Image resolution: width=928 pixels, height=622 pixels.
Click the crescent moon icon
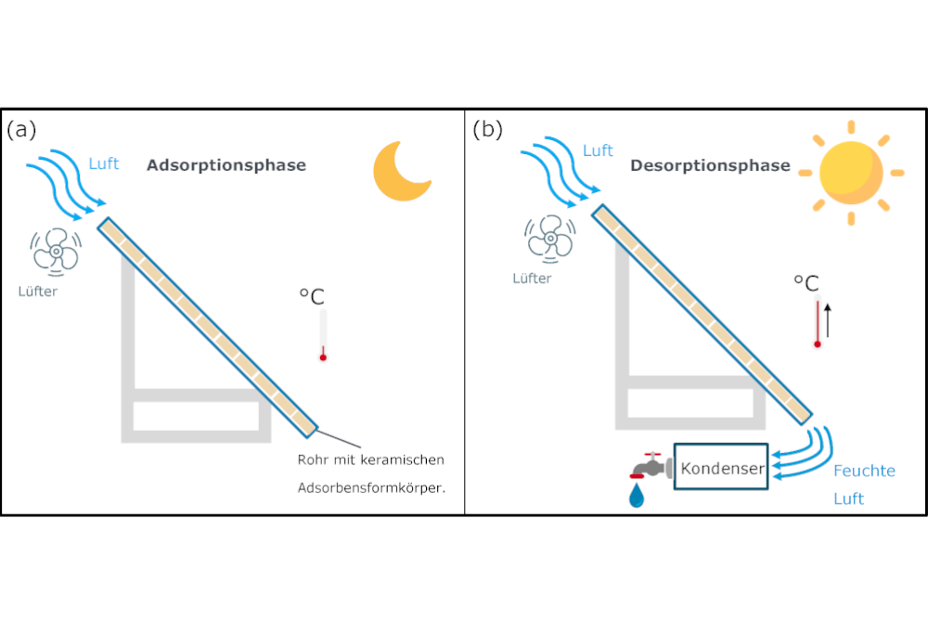tap(400, 174)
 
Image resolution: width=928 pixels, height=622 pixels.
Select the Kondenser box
tap(722, 468)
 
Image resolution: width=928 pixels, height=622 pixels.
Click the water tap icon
tap(649, 466)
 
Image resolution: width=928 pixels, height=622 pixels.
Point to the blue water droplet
tap(637, 497)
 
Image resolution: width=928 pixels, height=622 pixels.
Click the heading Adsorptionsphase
tap(226, 165)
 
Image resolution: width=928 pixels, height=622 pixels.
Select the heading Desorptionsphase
tap(710, 166)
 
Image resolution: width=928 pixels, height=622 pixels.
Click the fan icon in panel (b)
tap(548, 237)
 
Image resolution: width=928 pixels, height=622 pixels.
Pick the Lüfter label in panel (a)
tap(37, 291)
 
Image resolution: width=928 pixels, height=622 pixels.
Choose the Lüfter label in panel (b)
tap(532, 278)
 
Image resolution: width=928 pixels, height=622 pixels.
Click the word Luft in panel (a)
tap(104, 164)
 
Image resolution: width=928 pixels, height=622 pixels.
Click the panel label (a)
tap(21, 130)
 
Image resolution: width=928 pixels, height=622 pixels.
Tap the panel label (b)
tap(487, 130)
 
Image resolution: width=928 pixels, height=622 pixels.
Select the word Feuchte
tap(864, 471)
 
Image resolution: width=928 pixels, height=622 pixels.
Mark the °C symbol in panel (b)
tap(806, 283)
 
